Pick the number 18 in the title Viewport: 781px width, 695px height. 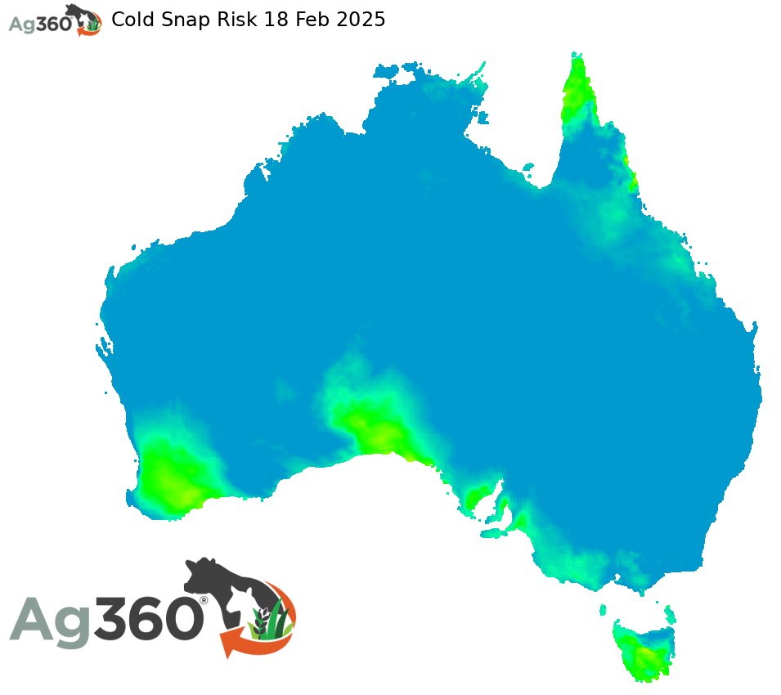point(276,20)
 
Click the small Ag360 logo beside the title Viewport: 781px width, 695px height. point(54,20)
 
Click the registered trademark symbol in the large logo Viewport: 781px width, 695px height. point(204,599)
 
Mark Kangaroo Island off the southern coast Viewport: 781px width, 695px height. point(495,533)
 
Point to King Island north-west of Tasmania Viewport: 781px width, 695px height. point(603,609)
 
